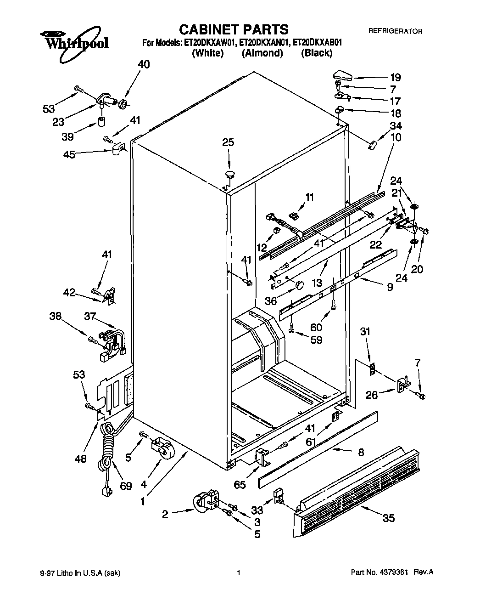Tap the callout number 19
click(395, 77)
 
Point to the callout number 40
click(144, 65)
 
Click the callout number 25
click(228, 142)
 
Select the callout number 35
click(388, 518)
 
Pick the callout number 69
click(126, 486)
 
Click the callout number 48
click(80, 459)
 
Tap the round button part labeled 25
click(229, 174)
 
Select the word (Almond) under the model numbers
click(262, 53)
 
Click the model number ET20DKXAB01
click(318, 43)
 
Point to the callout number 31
click(365, 331)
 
